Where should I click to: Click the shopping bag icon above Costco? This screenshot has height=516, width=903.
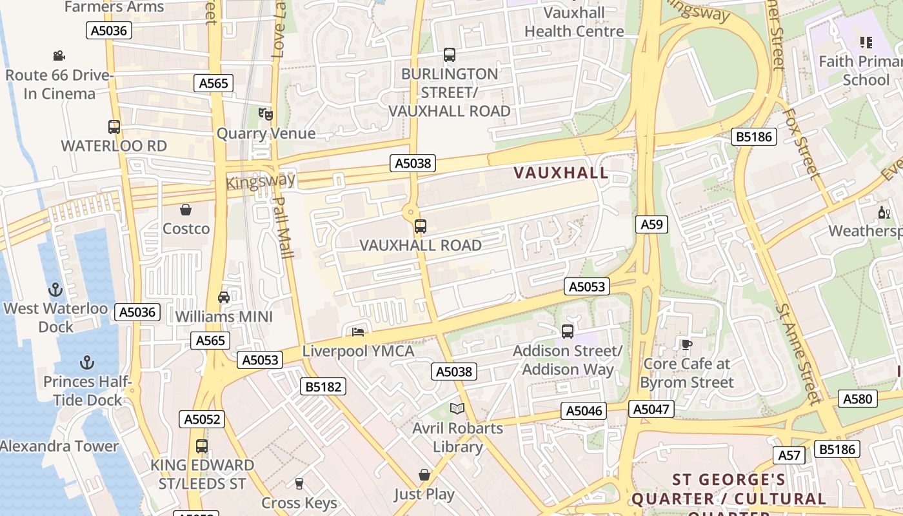(x=186, y=210)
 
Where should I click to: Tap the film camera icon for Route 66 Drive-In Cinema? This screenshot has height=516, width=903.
(x=59, y=56)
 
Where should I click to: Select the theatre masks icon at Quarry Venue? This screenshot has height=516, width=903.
(x=265, y=114)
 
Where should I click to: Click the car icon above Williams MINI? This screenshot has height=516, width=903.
(x=224, y=297)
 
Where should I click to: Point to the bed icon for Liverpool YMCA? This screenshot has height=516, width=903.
(x=358, y=332)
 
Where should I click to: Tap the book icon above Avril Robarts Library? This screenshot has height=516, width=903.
(x=457, y=408)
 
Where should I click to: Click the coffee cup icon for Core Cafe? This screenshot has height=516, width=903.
(x=687, y=344)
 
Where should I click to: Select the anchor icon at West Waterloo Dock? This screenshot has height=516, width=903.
(x=55, y=290)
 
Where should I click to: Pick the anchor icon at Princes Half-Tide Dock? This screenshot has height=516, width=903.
(x=86, y=362)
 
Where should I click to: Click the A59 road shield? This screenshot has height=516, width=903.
(x=651, y=224)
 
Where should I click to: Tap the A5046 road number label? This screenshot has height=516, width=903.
(x=584, y=411)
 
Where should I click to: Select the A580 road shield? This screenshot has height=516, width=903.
(x=858, y=399)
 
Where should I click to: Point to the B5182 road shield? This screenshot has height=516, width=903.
(x=323, y=386)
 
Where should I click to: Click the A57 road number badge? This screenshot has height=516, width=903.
(x=789, y=455)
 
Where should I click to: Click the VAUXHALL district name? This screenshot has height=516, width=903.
(x=561, y=173)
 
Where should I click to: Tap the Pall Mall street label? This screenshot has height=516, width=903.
(x=284, y=227)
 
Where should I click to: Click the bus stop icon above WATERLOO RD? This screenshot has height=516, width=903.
(x=114, y=127)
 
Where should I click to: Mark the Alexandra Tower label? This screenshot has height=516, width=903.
(x=59, y=446)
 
